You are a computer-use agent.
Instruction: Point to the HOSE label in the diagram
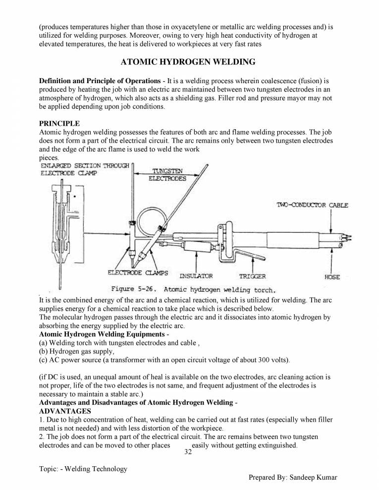coord(332,277)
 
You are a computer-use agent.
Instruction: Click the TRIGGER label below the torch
coord(252,276)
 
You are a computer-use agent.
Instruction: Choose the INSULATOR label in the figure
coord(196,276)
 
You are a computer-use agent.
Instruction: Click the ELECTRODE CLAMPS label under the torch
coord(137,273)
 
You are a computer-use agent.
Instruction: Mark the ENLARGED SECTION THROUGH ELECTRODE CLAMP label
coord(85,169)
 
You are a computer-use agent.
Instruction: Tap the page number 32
coord(188,451)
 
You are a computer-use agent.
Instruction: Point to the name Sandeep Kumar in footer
coord(312,477)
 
